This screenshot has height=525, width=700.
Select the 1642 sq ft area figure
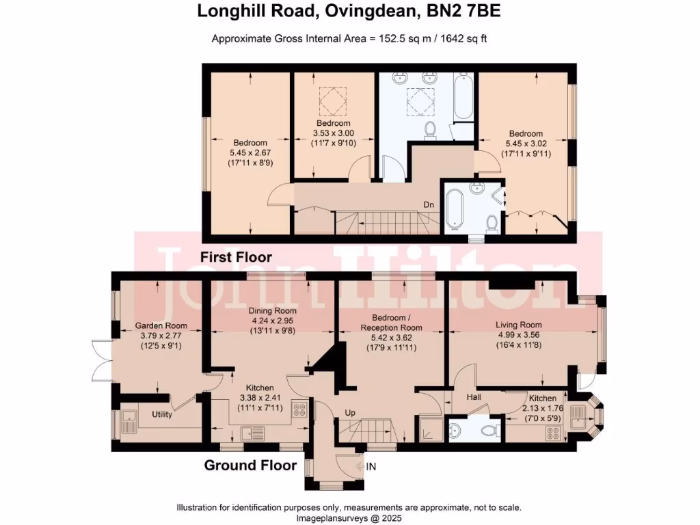[x=460, y=38]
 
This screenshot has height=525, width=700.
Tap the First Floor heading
[x=236, y=258]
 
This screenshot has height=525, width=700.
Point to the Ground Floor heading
[x=250, y=466]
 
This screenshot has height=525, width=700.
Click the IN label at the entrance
[x=371, y=466]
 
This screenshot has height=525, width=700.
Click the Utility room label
[x=162, y=414]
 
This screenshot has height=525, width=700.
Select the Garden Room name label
[x=161, y=326]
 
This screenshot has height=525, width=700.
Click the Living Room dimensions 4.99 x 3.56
[x=519, y=335]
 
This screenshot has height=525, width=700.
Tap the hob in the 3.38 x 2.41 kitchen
[x=299, y=411]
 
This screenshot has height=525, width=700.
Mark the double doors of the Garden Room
[x=100, y=360]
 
